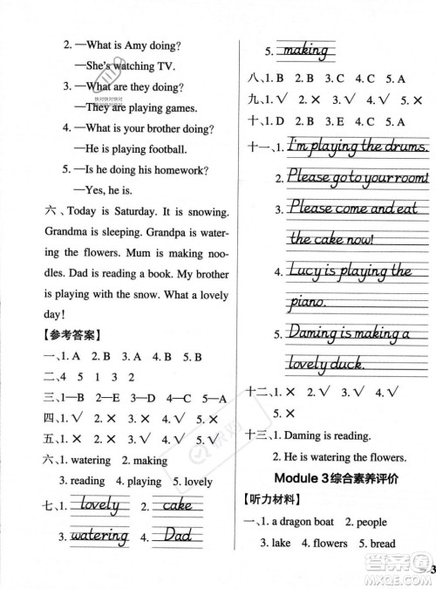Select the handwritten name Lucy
305,271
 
